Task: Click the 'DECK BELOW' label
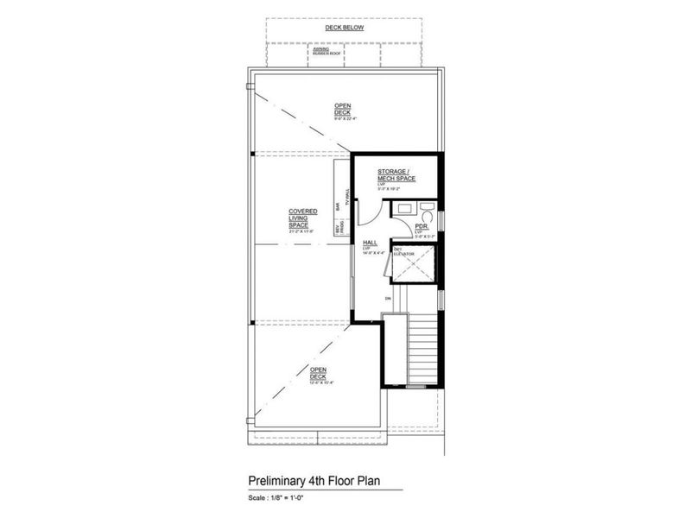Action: point(344,28)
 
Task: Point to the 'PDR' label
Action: point(422,226)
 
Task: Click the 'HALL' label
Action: point(370,243)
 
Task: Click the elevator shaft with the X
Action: point(412,266)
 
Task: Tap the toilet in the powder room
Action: point(427,210)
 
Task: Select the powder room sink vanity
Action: point(403,209)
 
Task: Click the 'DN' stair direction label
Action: point(389,300)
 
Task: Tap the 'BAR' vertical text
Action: point(338,206)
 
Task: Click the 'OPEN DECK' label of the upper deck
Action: point(344,111)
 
